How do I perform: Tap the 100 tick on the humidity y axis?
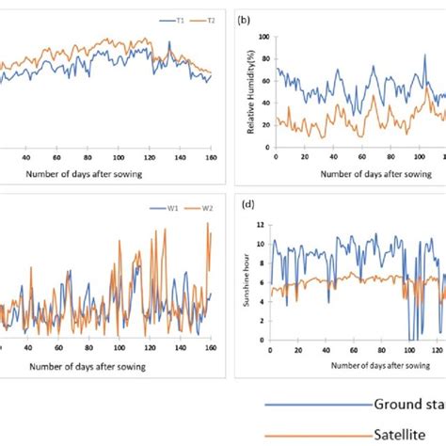[264, 37]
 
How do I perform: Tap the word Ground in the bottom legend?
[395, 404]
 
